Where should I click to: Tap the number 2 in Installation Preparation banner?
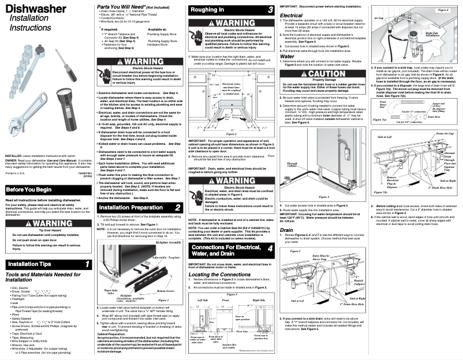(177, 207)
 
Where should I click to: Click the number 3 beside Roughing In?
(271, 10)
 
